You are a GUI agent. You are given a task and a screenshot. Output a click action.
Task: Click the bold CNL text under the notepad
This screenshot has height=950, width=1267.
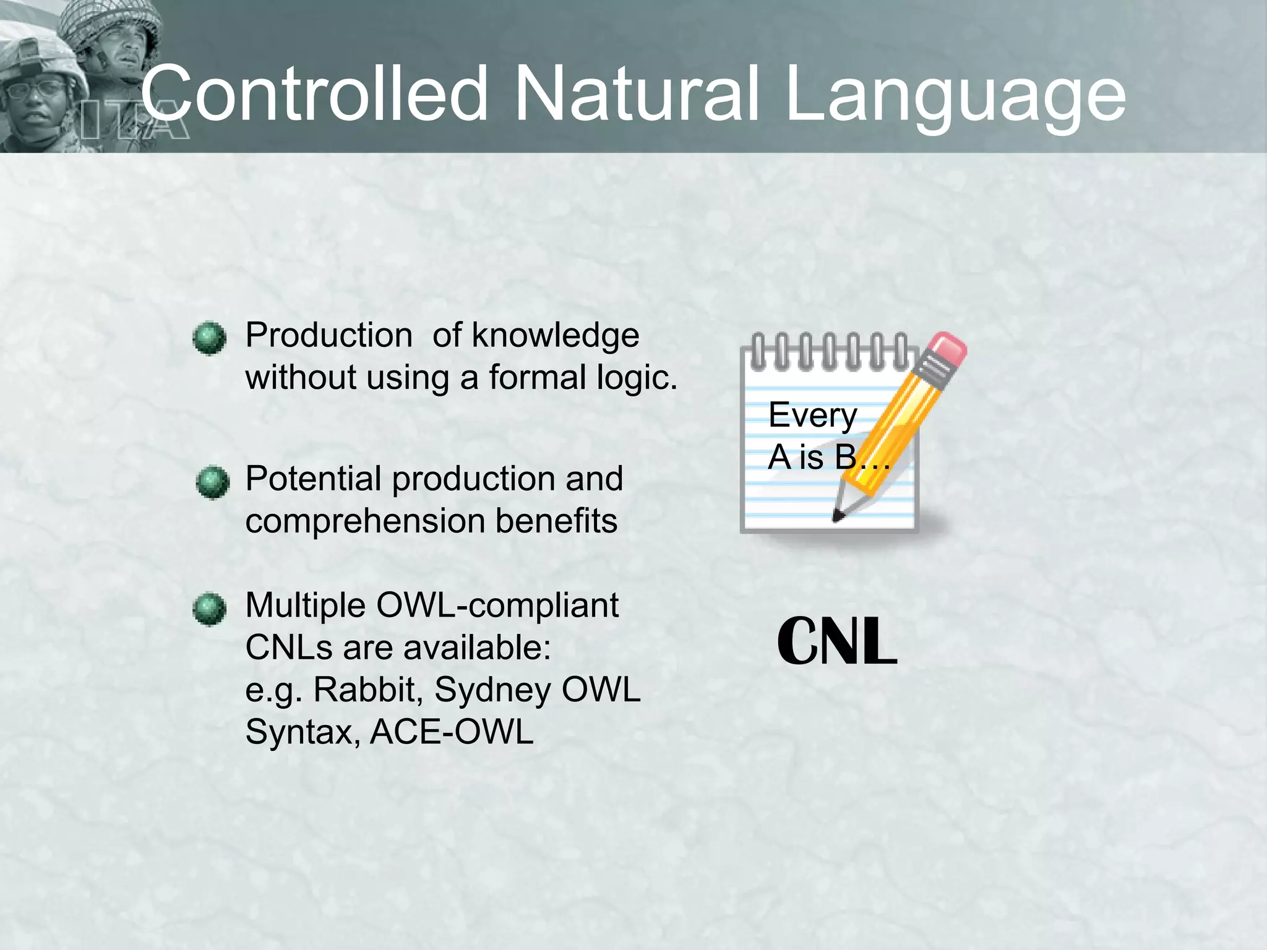837,641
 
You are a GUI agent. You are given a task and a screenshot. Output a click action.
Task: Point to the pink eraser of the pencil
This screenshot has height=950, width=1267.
946,350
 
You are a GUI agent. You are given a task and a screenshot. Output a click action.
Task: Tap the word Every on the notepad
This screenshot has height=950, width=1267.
812,416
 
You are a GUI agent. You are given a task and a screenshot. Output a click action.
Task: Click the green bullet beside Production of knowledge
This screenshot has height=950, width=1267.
209,338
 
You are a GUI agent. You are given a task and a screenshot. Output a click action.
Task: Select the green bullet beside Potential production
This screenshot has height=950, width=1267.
212,482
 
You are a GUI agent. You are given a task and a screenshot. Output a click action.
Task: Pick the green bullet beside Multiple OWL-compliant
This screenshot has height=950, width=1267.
209,609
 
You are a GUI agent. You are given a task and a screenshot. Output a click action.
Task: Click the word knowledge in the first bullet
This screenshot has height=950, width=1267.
555,336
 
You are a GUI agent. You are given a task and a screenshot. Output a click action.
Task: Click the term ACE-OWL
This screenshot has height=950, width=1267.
452,732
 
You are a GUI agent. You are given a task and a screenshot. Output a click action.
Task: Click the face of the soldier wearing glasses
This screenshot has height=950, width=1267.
37,99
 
